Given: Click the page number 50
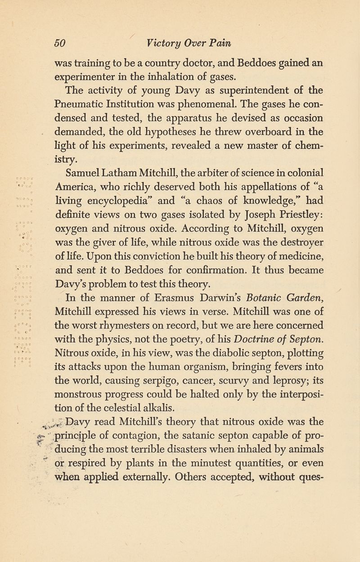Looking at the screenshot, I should (x=60, y=43).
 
